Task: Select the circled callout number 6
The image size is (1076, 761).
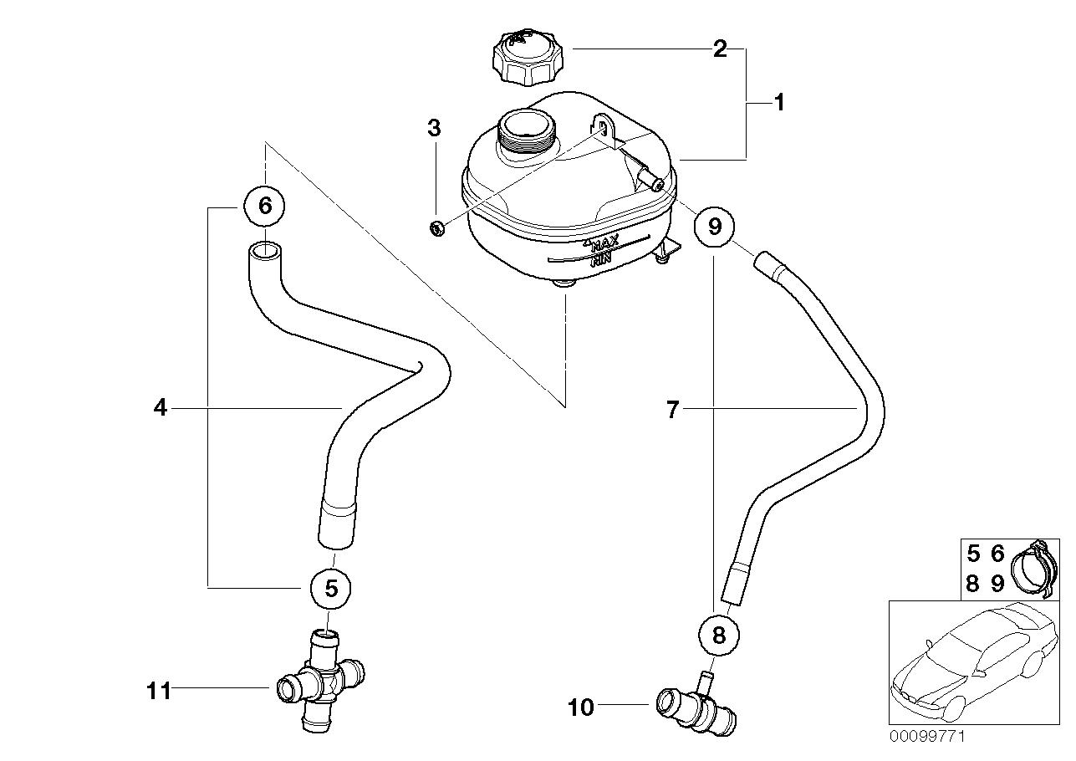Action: click(265, 205)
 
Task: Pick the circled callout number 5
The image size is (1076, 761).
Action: click(331, 588)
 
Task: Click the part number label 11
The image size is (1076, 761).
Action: click(159, 691)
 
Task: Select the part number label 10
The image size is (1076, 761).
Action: click(580, 707)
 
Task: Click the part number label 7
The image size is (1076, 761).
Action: click(674, 409)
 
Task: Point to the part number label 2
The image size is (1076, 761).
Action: click(719, 49)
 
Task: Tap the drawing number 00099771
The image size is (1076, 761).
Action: click(928, 738)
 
